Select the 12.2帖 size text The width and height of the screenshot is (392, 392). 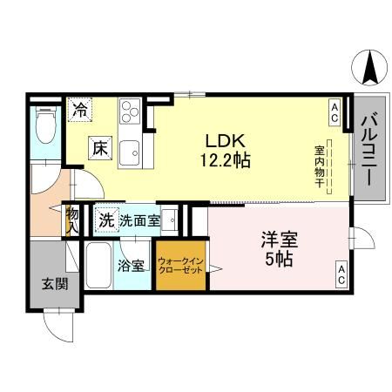point(228,161)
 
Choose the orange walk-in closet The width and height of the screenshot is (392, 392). point(181,265)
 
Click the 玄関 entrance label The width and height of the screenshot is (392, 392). point(49,283)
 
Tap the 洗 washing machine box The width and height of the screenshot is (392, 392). point(106,220)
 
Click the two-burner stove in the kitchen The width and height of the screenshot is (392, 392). point(131,113)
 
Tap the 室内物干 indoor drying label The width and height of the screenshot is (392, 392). point(321,166)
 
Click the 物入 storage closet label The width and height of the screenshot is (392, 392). point(72,220)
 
